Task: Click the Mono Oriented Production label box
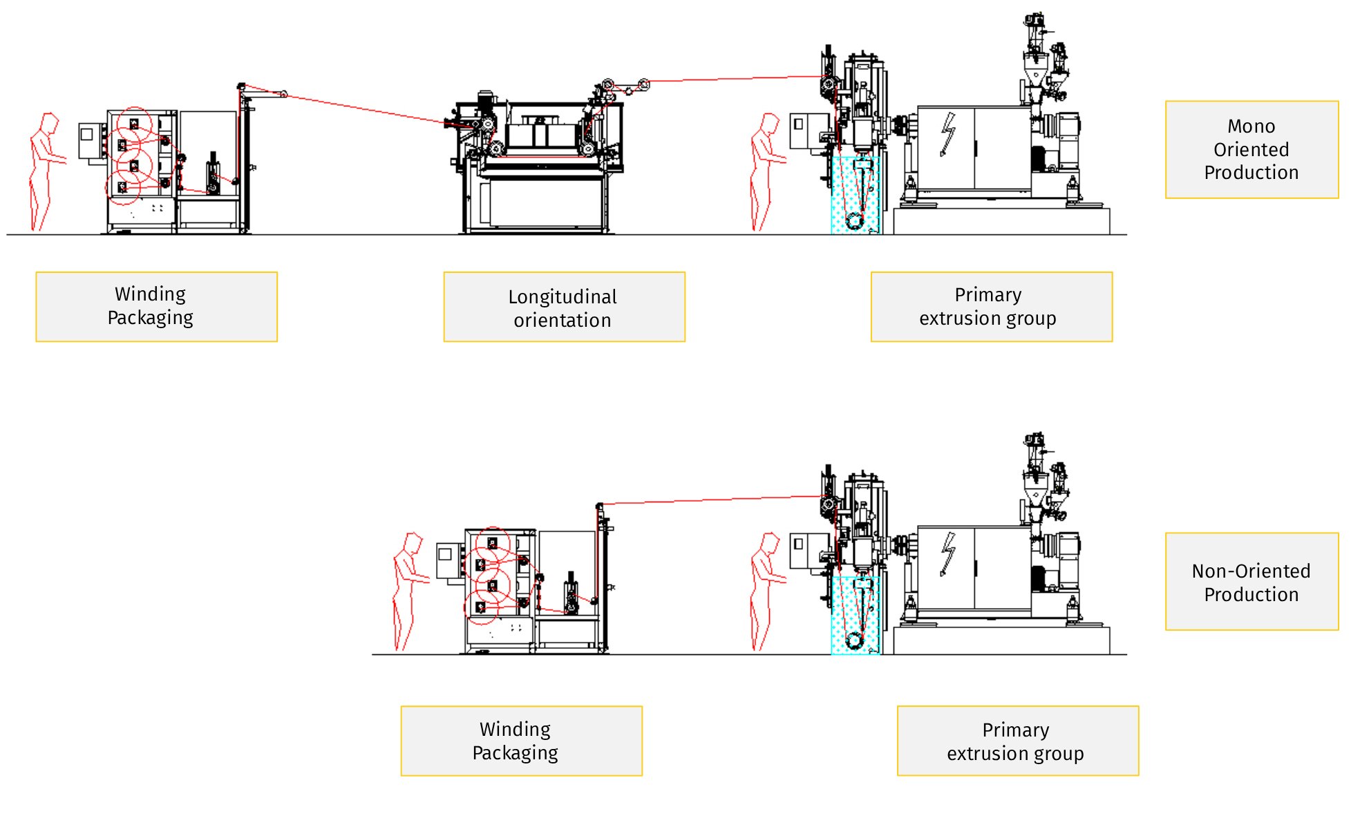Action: coord(1252,149)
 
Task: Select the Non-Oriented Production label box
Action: coord(1252,582)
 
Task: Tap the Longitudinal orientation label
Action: coord(564,307)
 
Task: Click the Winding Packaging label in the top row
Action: coord(156,306)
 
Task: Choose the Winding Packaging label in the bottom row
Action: coord(521,741)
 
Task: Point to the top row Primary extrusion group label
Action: coord(991,306)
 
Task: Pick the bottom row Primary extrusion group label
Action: coord(1017,741)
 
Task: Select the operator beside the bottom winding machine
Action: coord(409,591)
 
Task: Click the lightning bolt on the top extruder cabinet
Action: coord(947,134)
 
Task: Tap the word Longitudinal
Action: coord(563,296)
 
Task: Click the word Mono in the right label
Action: coord(1251,126)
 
